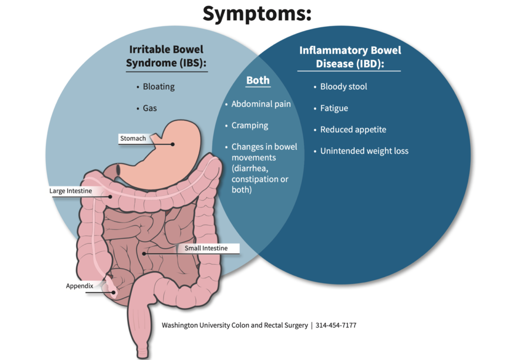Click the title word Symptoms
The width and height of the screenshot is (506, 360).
257,13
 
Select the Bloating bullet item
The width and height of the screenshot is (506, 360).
159,87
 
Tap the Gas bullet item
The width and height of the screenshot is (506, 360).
150,107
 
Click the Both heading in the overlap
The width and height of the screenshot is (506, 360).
258,80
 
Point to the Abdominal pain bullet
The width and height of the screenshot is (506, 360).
261,104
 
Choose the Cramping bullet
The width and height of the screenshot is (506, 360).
250,125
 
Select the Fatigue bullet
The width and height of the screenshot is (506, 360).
334,108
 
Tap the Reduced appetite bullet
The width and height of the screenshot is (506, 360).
353,130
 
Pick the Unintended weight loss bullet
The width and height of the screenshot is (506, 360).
364,151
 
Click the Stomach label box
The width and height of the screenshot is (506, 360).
133,138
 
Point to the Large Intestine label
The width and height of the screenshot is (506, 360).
71,190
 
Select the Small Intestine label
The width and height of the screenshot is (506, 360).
206,248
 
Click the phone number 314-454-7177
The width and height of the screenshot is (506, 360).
336,325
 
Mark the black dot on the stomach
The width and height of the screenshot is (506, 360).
173,144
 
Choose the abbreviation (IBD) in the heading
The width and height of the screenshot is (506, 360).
372,64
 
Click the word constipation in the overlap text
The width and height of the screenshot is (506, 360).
255,179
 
